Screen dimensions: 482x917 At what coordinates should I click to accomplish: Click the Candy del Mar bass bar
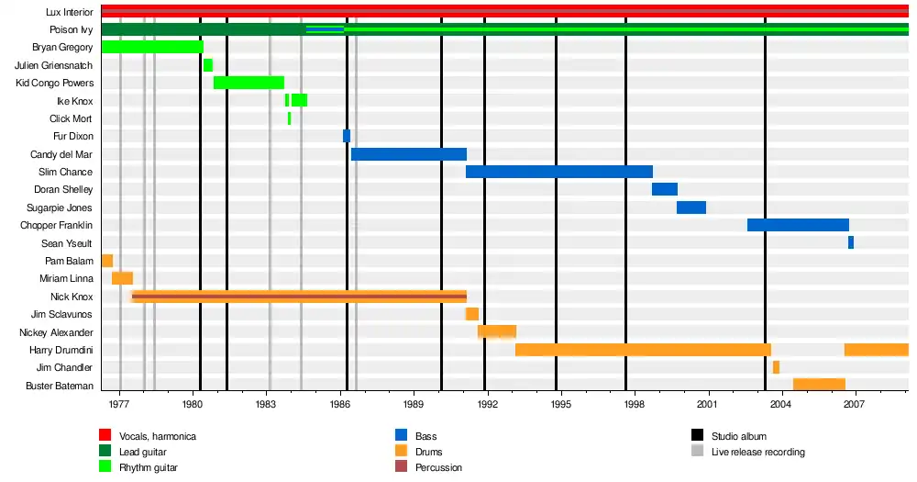[408, 154]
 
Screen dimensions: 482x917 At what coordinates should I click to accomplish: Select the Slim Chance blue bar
[558, 172]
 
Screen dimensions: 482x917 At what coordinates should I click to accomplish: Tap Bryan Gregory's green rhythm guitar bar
[152, 47]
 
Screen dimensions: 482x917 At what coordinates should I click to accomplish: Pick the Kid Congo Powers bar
[249, 83]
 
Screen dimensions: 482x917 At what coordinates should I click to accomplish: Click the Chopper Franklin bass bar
[798, 225]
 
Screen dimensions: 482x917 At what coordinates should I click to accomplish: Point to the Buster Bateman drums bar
[819, 385]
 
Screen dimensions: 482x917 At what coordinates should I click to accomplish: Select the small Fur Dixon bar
[347, 136]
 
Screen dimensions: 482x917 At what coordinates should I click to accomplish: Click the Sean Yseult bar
[851, 242]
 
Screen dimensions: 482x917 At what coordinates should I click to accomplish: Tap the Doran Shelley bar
[665, 189]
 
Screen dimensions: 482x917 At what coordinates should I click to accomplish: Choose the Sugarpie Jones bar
[691, 207]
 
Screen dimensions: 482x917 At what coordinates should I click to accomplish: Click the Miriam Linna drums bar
[122, 278]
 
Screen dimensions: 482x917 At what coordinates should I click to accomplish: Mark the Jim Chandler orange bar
[776, 367]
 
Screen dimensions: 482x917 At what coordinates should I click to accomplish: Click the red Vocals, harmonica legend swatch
[105, 436]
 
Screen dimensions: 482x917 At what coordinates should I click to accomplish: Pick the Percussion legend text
[438, 467]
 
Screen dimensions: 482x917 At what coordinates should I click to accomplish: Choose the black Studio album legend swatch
[697, 436]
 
